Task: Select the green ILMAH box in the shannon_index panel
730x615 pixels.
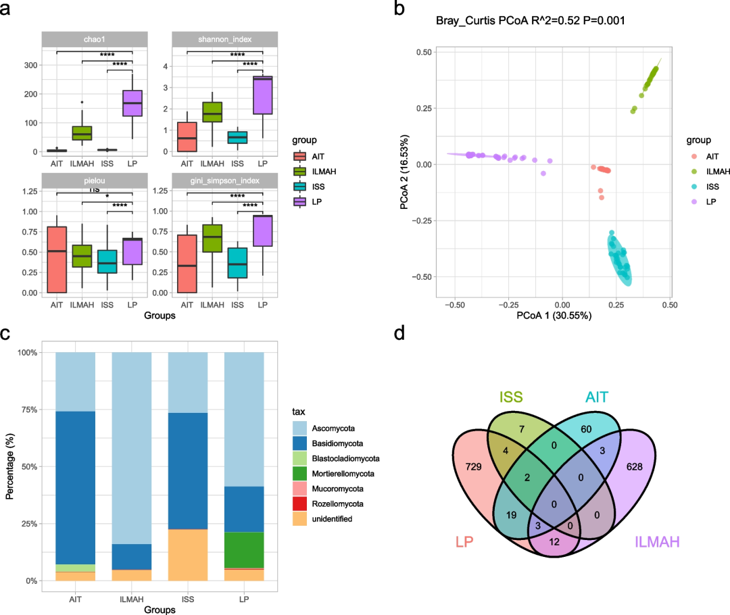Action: pos(212,112)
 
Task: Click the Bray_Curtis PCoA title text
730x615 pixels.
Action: pos(531,21)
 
